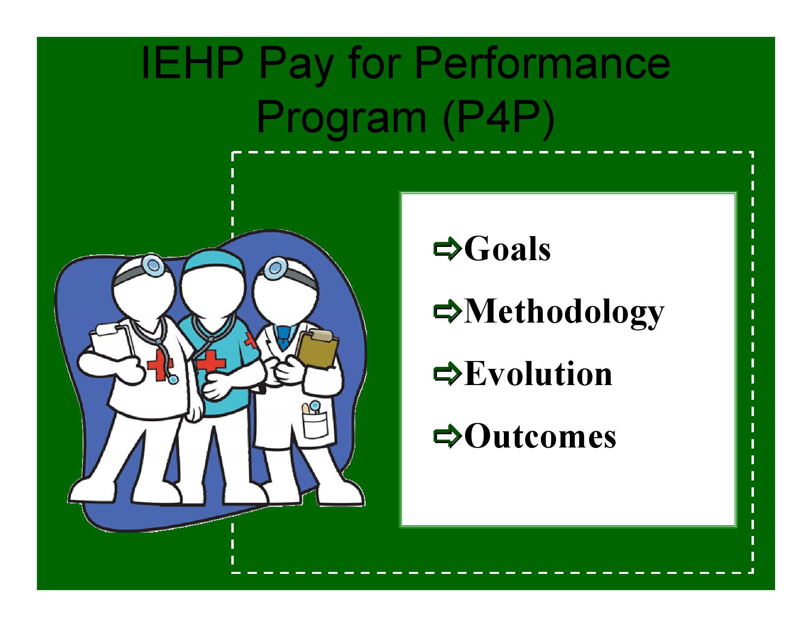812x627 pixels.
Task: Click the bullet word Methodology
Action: point(564,312)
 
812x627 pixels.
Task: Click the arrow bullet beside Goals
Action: point(447,249)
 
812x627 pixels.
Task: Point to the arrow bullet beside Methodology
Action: point(447,311)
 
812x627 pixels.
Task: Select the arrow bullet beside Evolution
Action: point(447,373)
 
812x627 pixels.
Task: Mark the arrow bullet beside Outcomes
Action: point(447,436)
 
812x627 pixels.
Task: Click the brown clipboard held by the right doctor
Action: point(317,350)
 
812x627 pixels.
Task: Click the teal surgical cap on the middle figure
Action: point(214,260)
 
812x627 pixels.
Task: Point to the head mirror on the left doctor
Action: point(153,265)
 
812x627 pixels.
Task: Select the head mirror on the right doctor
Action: point(276,268)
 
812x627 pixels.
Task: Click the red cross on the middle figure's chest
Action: point(211,361)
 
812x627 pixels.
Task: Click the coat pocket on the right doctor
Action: point(315,424)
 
